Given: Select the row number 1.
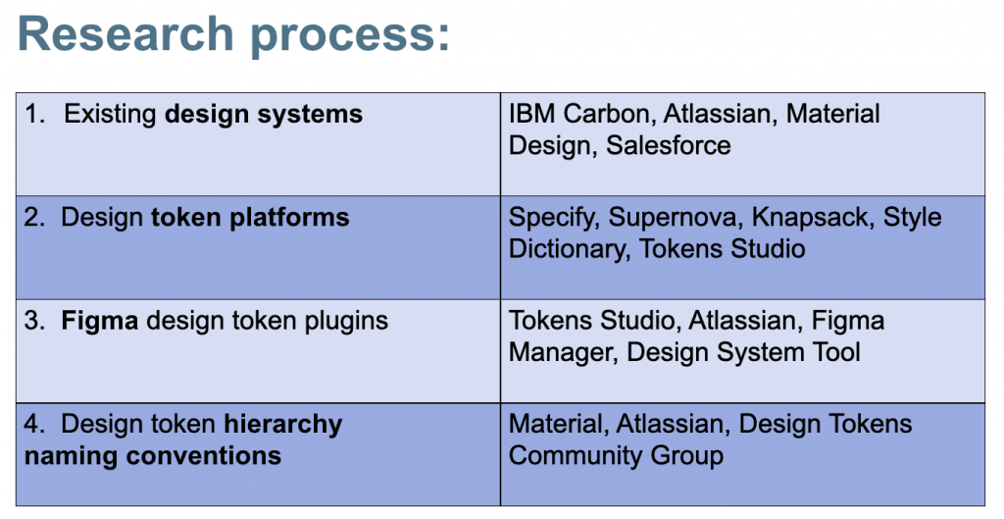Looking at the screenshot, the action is pos(33,114).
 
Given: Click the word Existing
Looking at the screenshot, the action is pos(110,115).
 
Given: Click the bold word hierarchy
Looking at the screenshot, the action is pos(283,425).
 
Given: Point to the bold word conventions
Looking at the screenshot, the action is pos(204,456).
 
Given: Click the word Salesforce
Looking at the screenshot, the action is pos(668,145).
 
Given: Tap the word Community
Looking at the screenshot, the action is pos(576,456).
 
